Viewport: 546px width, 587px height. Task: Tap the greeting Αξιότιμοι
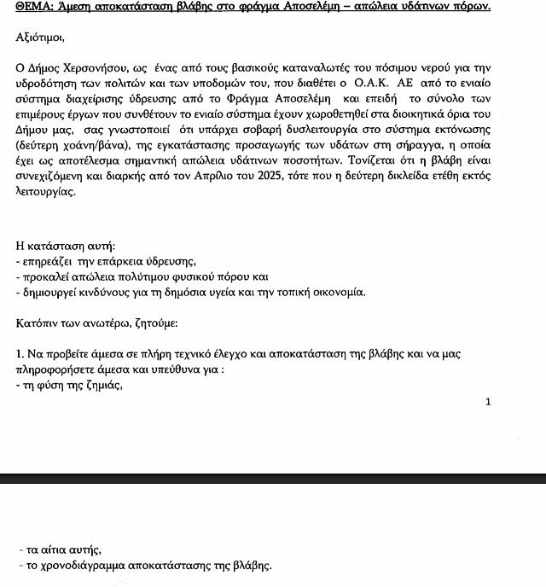point(39,38)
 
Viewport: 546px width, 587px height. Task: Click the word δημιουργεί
point(52,293)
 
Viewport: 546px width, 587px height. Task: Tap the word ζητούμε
point(152,324)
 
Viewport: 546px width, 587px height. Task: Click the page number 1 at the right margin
point(488,401)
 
